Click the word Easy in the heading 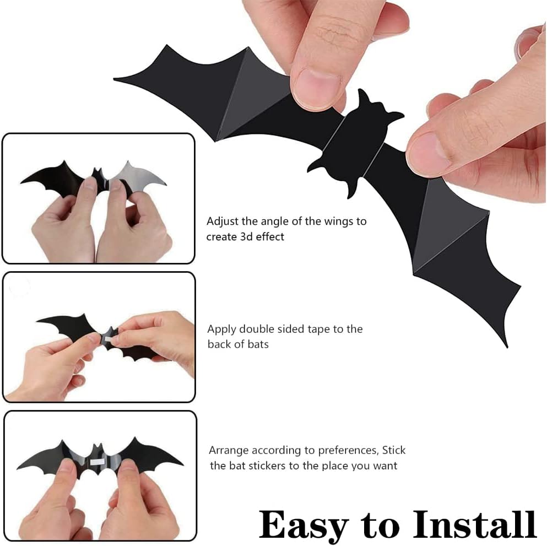click(x=304, y=526)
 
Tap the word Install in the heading click(x=475, y=524)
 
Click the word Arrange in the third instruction click(x=229, y=451)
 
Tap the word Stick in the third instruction click(x=393, y=450)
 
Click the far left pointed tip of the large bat click(x=115, y=80)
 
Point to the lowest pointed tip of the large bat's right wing click(x=507, y=347)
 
